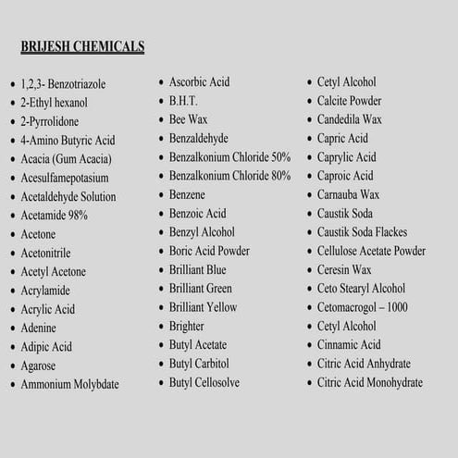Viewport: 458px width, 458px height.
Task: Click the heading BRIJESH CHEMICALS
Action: coord(81,46)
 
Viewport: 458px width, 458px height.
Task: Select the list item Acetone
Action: coord(38,234)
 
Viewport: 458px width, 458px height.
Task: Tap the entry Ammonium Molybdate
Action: coord(69,384)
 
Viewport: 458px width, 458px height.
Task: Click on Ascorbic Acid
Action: coord(198,82)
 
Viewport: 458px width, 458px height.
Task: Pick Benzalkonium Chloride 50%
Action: coord(229,157)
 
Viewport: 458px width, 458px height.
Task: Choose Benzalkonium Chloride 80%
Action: coord(229,176)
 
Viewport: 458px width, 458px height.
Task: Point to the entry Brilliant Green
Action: coord(200,289)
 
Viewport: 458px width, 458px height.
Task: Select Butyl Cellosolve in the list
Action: coord(205,382)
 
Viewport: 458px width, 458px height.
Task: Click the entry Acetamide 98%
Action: coord(54,215)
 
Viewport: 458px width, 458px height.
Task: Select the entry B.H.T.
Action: coord(182,101)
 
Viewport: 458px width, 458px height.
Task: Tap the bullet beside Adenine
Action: coord(12,329)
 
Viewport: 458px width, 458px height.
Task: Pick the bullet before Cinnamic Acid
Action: coord(308,346)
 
